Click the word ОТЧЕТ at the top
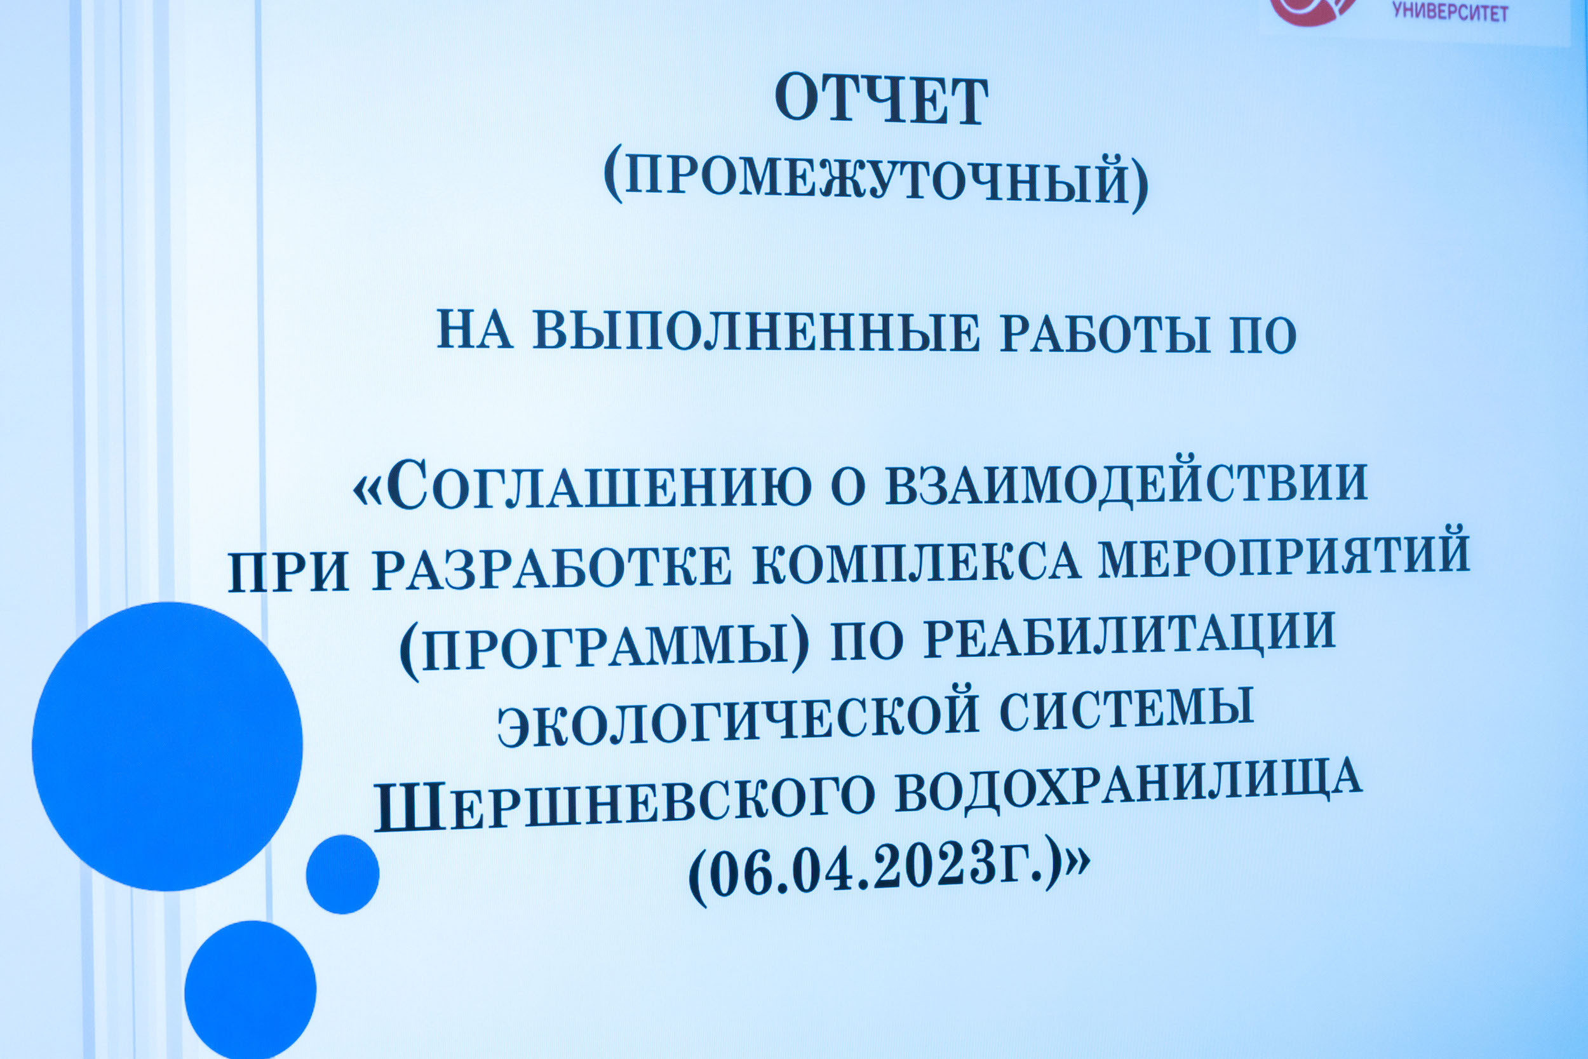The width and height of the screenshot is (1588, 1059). pos(881,100)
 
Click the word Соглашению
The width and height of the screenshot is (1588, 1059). pos(600,485)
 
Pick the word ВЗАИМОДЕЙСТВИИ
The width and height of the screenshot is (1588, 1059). pos(1127,483)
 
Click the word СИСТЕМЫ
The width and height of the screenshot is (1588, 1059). pos(1127,708)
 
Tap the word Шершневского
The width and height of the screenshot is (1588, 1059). pos(624,804)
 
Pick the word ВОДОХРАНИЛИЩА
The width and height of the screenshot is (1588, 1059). pos(1128,786)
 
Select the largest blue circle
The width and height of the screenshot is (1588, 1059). pos(168,746)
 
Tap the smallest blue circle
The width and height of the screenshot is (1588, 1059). pos(342,875)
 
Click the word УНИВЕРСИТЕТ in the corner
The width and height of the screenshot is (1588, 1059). pos(1450,11)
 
